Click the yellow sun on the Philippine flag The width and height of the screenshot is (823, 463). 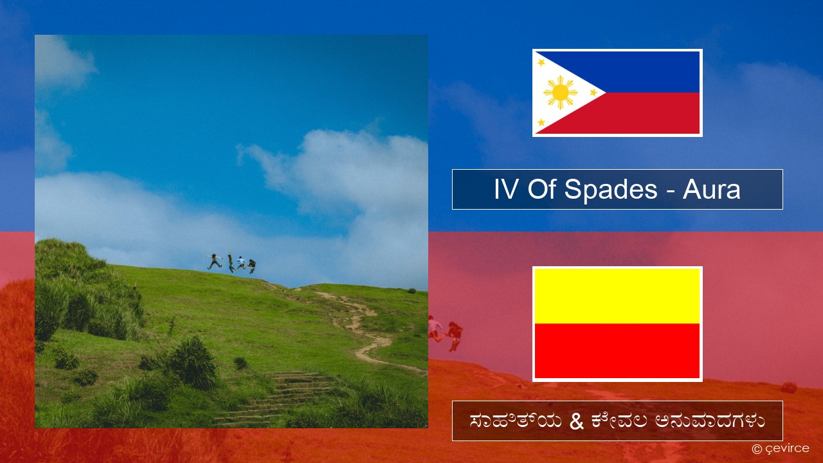coord(560,93)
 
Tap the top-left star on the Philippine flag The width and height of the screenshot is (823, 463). coord(541,63)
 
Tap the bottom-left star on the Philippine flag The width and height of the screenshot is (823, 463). coord(541,122)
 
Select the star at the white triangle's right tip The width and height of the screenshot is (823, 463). coord(593,93)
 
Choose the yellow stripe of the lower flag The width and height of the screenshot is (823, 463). coord(617,296)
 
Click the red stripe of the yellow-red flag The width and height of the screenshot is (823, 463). coord(617,351)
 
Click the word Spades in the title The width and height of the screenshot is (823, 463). coord(611,190)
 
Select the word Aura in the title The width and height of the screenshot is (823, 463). coord(711,190)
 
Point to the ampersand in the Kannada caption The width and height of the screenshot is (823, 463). coord(577,421)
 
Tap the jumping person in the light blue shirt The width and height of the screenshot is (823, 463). coord(241,263)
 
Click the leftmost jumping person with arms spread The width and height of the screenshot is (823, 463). coord(215,261)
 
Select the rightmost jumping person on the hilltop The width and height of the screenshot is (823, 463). coord(252,266)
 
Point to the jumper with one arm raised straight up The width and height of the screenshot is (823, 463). coord(231,262)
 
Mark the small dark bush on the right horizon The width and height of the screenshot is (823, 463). coord(412,291)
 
